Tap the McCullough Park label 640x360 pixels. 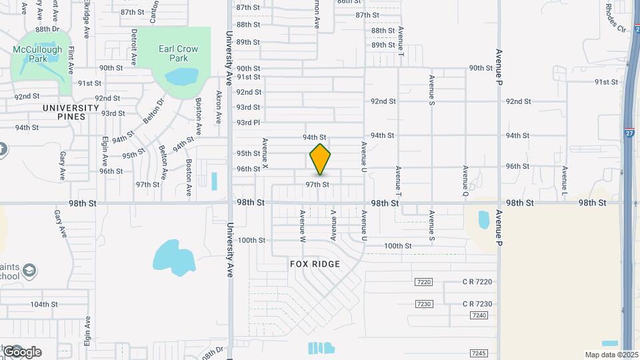click(37, 54)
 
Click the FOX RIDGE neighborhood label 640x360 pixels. click(315, 264)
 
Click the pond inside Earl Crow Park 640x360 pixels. click(177, 77)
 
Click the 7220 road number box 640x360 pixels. click(423, 282)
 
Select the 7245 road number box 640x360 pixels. click(478, 353)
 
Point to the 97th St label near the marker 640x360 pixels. click(317, 185)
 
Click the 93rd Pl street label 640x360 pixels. click(247, 123)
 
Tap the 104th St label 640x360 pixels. click(44, 304)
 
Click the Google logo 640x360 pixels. click(21, 351)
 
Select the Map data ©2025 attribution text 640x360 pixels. click(611, 355)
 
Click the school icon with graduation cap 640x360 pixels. click(29, 270)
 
